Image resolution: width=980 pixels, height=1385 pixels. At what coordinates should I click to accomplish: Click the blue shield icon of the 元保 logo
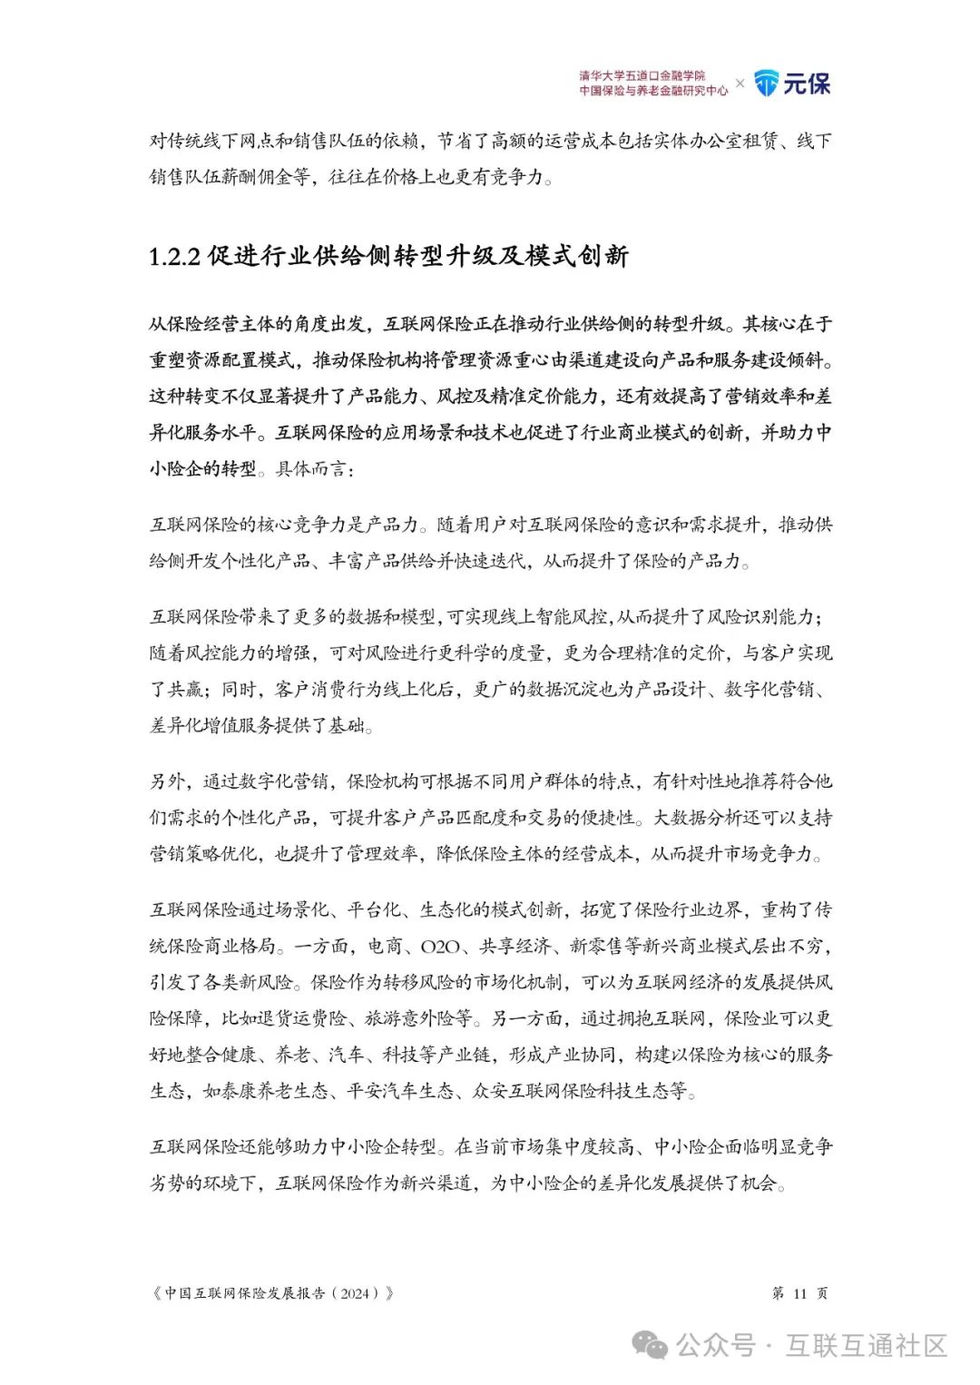click(x=767, y=83)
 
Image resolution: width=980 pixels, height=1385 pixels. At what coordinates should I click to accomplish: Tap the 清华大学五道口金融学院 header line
click(x=642, y=76)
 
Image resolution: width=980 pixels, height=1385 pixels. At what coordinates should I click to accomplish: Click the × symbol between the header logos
click(x=740, y=83)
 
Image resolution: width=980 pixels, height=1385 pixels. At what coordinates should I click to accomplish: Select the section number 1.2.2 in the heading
click(x=174, y=256)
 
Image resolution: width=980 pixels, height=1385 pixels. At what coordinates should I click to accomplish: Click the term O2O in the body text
click(x=441, y=946)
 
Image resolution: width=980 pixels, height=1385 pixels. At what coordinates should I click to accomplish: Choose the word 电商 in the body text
click(x=385, y=946)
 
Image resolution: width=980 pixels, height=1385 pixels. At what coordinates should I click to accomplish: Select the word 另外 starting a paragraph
click(x=167, y=781)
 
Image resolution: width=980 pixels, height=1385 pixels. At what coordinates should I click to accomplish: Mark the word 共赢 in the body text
click(x=185, y=690)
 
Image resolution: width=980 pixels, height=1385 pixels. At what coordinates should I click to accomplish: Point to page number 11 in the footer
click(x=799, y=1293)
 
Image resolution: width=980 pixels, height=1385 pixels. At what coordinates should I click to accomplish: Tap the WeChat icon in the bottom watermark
click(x=650, y=1345)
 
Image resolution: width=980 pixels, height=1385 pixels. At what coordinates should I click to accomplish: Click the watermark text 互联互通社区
click(x=867, y=1345)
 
